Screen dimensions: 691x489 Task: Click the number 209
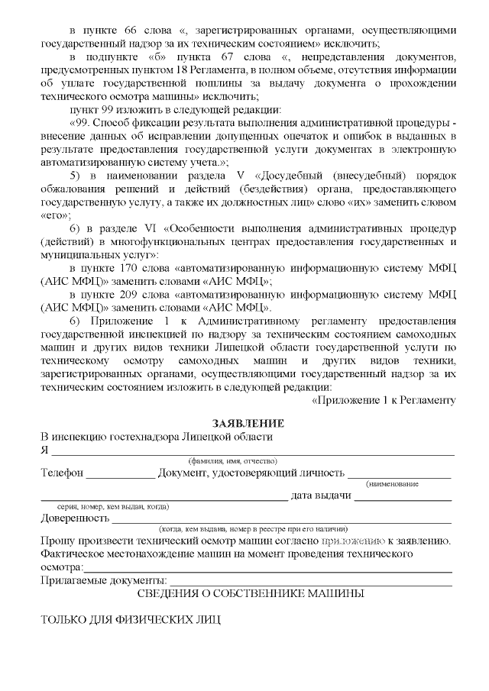coord(133,295)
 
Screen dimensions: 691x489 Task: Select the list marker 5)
coord(76,176)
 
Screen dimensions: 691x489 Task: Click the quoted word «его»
coord(55,215)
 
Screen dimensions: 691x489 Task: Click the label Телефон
coord(62,473)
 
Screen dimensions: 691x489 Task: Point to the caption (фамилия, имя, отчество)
coord(233,461)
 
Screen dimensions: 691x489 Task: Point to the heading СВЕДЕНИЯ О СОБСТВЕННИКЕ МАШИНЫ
coord(250,593)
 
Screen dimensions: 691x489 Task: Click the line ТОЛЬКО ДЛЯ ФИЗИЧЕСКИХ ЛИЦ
coord(129,619)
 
